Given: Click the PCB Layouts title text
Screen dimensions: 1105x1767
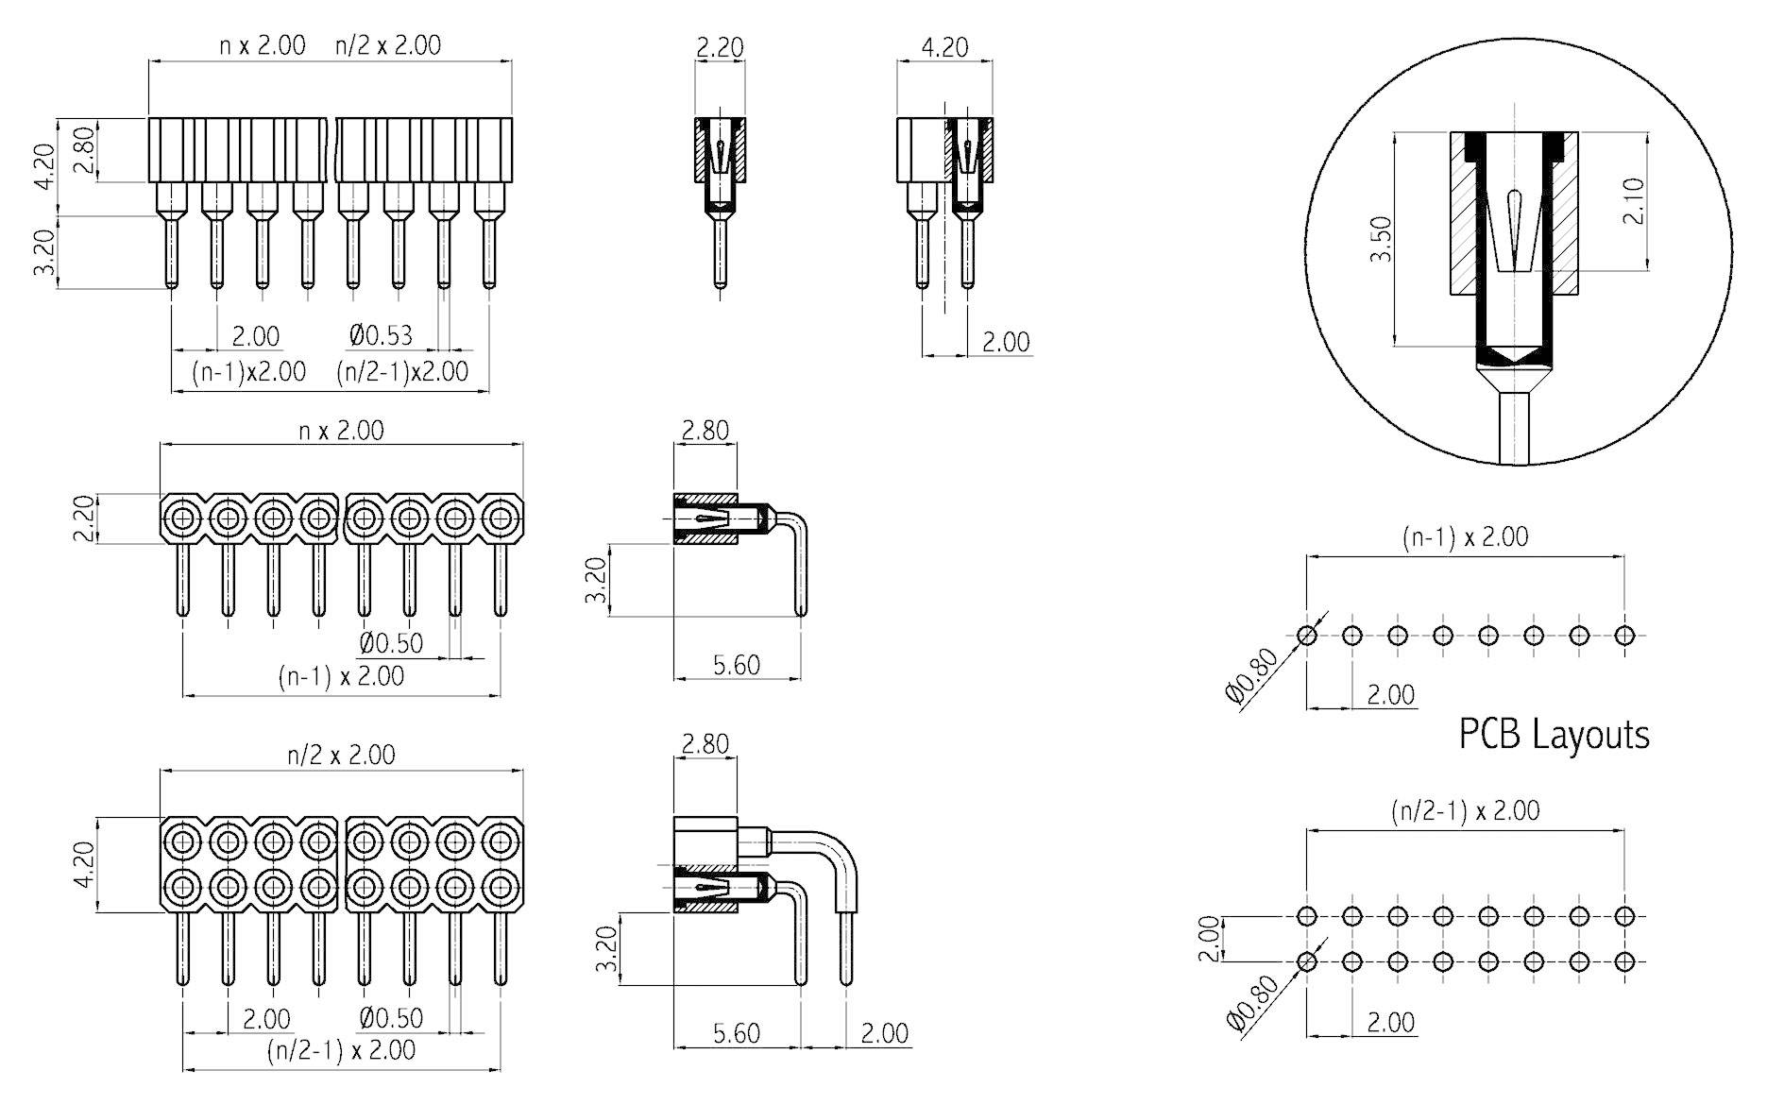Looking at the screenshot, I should click(1554, 735).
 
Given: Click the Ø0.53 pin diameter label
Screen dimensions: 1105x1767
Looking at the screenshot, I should click(381, 335).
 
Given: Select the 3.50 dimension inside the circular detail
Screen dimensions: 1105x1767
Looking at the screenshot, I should click(1381, 239).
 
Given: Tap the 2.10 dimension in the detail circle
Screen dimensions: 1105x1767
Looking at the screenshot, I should click(1634, 200).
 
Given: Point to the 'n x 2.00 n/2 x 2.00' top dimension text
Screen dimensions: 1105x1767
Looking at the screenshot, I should click(331, 45).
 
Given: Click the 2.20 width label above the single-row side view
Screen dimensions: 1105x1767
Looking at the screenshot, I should click(719, 46).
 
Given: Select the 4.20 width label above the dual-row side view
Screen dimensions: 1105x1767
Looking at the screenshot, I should click(943, 46).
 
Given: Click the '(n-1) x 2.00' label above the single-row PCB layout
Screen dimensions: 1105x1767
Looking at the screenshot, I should click(1465, 536).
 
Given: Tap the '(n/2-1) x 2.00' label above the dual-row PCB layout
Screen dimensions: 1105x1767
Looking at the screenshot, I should click(1465, 810).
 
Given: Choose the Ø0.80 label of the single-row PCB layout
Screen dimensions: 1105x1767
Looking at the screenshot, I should click(1252, 676).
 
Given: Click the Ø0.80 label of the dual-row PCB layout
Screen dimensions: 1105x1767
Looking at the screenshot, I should click(1252, 1004).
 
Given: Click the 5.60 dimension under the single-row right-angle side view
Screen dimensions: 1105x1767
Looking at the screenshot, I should click(737, 665).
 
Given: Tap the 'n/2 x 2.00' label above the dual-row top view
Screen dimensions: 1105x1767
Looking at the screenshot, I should click(341, 755).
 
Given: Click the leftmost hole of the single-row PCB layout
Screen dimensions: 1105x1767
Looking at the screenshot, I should click(1307, 635).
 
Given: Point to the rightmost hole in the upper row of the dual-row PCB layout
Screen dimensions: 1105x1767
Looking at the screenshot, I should click(1624, 916).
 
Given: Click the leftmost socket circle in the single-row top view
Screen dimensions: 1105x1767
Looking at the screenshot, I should click(182, 518).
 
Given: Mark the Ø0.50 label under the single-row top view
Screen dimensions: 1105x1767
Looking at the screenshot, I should click(391, 643).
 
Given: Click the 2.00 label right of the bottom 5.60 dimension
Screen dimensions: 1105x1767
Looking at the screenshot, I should click(884, 1032).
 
